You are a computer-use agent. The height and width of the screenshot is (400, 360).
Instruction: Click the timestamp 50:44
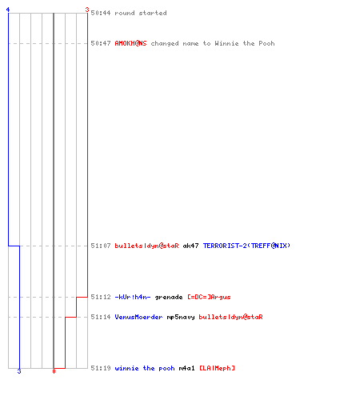(x=101, y=13)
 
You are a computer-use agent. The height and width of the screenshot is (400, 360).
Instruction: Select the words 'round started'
(x=141, y=13)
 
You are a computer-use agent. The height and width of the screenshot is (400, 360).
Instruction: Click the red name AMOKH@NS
(x=130, y=43)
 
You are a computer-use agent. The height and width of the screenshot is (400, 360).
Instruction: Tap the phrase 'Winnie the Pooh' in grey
(x=245, y=43)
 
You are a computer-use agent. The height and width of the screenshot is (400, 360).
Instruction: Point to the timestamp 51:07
(x=101, y=246)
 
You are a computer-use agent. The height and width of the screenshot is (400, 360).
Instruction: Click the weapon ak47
(x=190, y=246)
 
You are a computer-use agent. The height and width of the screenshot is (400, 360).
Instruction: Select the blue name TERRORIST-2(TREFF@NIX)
(x=246, y=246)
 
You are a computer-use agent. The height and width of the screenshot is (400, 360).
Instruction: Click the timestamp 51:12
(x=101, y=297)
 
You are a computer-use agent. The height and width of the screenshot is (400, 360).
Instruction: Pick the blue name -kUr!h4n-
(x=133, y=297)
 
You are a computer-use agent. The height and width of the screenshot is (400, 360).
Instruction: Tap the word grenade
(x=169, y=297)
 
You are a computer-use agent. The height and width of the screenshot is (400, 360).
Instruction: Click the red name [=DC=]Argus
(x=209, y=297)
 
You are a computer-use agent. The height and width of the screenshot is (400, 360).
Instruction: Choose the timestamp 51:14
(x=101, y=317)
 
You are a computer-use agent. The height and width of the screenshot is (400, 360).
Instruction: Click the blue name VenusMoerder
(x=138, y=317)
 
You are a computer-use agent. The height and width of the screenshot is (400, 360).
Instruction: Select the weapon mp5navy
(x=181, y=317)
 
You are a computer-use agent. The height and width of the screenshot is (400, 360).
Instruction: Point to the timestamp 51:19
(x=101, y=368)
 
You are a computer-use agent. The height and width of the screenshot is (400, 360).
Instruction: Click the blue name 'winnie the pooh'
(x=145, y=368)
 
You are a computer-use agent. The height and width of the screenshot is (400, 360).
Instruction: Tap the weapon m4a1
(x=187, y=368)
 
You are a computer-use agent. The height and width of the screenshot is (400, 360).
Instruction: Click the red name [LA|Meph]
(x=217, y=368)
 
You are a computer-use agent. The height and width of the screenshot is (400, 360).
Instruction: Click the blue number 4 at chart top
(x=8, y=10)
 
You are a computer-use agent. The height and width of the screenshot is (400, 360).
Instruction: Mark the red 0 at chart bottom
(x=54, y=371)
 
